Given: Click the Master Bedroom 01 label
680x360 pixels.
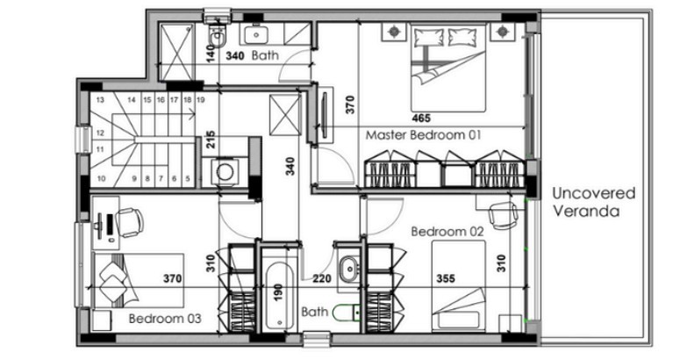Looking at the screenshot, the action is pos(423,135).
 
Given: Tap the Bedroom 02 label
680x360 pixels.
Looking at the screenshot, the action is pos(447,232).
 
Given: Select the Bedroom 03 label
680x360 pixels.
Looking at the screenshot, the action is pos(165,319).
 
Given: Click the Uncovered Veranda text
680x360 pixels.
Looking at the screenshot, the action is pos(593,202).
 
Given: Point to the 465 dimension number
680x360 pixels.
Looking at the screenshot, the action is pos(421,118).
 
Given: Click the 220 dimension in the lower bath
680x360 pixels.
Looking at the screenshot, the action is pos(322,278).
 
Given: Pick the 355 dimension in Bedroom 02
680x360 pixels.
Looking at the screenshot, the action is pos(446,278).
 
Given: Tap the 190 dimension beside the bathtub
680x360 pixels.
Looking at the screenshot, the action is pos(278,292).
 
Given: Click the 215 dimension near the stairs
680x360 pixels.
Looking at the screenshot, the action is pos(211,140).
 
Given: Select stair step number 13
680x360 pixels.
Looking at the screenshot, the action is pos(100,100).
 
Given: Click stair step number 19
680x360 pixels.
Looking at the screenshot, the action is pos(200,100).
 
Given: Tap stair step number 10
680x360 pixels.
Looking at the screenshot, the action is pos(101,178).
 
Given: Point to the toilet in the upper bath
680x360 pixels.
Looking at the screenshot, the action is pos(217,36).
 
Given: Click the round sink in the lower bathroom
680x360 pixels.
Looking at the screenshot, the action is pos(348,269).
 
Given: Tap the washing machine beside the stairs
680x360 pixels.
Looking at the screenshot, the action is pos(225,172).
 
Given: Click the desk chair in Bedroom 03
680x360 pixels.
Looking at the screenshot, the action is pos(130,222).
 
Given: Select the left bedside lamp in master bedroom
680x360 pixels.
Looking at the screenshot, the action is pos(394,32).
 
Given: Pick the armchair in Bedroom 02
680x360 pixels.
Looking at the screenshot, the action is pos(503,215).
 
